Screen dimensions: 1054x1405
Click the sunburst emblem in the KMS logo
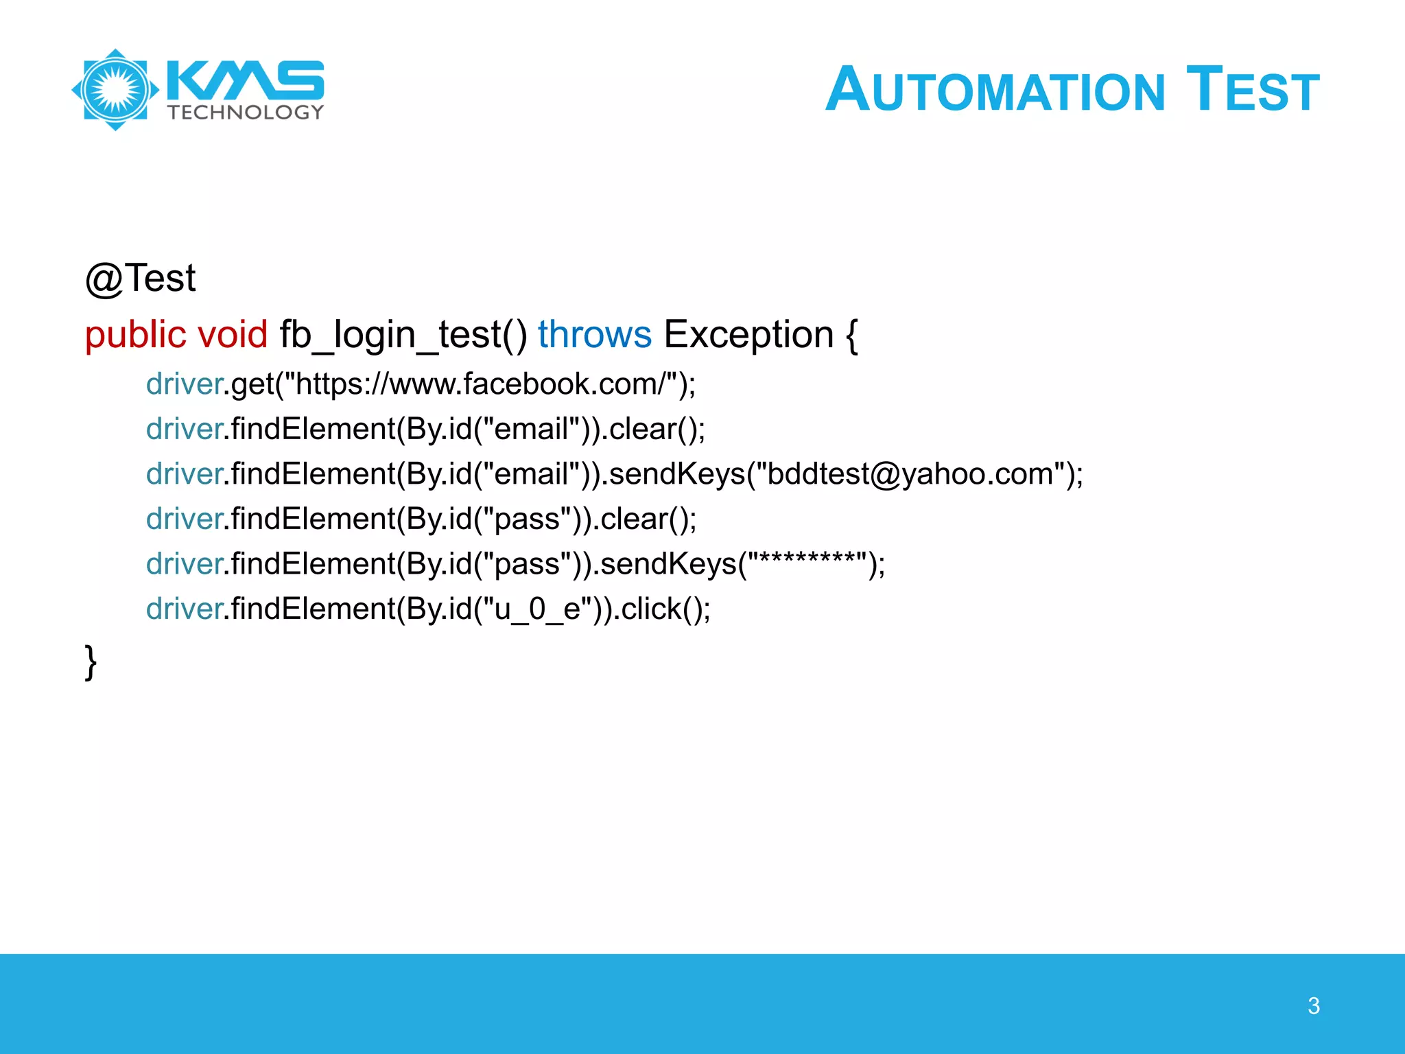tap(115, 90)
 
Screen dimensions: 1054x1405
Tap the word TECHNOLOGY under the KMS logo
tap(246, 113)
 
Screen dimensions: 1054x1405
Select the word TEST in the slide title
tap(1253, 89)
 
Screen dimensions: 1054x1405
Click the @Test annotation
tap(141, 279)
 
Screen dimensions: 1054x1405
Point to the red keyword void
tap(233, 335)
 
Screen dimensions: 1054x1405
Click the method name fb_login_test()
tap(403, 335)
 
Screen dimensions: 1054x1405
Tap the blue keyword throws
tap(594, 335)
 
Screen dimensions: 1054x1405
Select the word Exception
tap(748, 335)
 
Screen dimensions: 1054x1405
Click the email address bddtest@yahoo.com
tap(910, 474)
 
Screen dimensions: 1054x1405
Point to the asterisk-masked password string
tap(807, 564)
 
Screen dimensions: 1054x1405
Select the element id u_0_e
tap(537, 609)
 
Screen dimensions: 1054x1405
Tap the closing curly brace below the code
tap(91, 662)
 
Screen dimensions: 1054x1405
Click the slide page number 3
tap(1313, 1006)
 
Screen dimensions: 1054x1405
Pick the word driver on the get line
tap(184, 384)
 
